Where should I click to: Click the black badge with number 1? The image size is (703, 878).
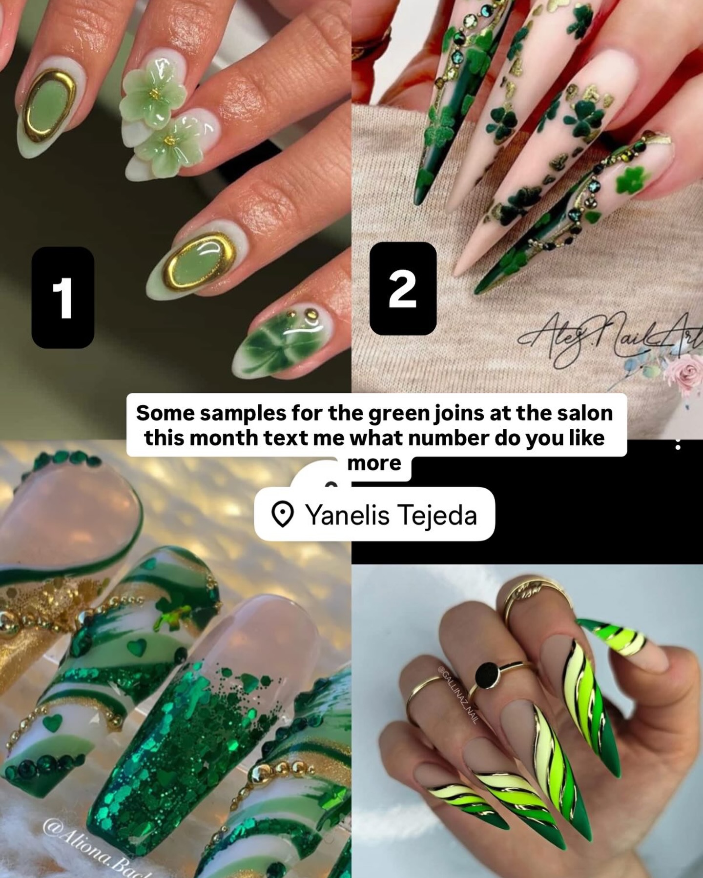62,298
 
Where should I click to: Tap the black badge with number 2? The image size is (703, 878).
403,288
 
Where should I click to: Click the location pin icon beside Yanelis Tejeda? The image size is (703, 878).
282,515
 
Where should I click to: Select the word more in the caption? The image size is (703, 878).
374,462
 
